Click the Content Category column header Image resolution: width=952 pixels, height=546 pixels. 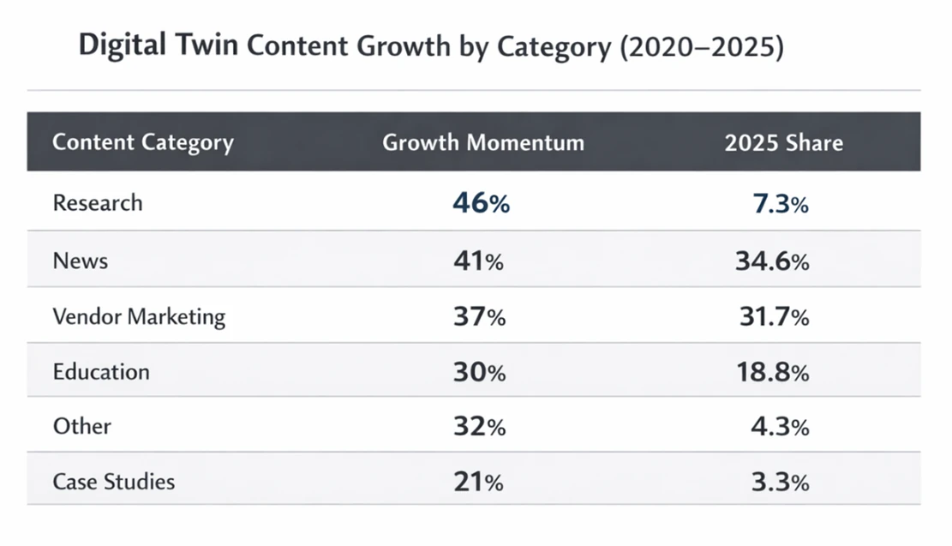point(142,142)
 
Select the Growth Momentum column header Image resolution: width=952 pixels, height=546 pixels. point(482,142)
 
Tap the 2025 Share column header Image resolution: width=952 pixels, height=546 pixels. point(783,142)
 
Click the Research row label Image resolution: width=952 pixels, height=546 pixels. point(98,203)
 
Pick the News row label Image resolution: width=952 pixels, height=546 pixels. point(81,261)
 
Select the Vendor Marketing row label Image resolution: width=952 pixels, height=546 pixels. point(139,316)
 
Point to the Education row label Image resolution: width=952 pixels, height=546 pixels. point(101,372)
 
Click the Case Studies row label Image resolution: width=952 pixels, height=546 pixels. point(113,482)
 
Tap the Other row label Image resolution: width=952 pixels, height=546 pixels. point(81,426)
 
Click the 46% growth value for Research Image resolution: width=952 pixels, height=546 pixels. point(481,204)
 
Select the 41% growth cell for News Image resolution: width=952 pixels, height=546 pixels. point(478,261)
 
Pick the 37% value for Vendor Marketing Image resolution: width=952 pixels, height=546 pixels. point(479,317)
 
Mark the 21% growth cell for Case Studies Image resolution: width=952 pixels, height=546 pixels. point(478,483)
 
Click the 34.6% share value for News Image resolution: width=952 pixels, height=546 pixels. point(772,261)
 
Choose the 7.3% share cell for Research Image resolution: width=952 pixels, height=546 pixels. point(779,204)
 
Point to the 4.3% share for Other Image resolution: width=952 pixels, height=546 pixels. point(779,427)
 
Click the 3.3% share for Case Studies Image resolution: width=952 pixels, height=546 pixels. point(779,483)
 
